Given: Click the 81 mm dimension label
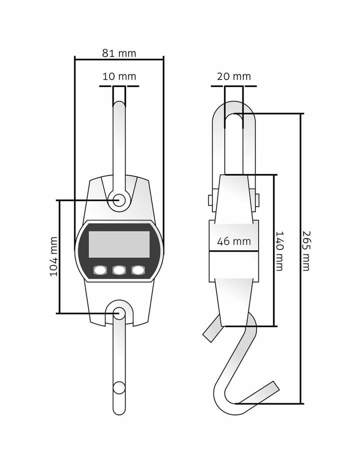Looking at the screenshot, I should pyautogui.click(x=119, y=53).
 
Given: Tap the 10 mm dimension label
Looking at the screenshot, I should pyautogui.click(x=119, y=76).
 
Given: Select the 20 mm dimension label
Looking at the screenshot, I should pyautogui.click(x=233, y=76).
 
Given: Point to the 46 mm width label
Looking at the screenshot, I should pyautogui.click(x=233, y=241).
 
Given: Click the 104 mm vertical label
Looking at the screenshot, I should pyautogui.click(x=54, y=256).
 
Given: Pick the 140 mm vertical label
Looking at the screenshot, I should pyautogui.click(x=279, y=251).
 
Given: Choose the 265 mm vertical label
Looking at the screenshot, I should pyautogui.click(x=306, y=251).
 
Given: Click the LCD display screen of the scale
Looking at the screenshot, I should pyautogui.click(x=119, y=244).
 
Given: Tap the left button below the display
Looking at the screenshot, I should pyautogui.click(x=100, y=270).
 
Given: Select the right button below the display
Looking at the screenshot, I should pyautogui.click(x=137, y=270).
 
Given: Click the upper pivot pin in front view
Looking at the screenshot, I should pyautogui.click(x=119, y=200).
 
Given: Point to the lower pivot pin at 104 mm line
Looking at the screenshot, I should pyautogui.click(x=119, y=313).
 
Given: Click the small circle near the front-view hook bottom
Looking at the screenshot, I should pyautogui.click(x=119, y=387).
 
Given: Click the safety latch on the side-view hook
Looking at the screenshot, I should pyautogui.click(x=212, y=330).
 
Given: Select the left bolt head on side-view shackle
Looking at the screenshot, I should pyautogui.click(x=210, y=200).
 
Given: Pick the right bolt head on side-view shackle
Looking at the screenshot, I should pyautogui.click(x=257, y=200).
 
